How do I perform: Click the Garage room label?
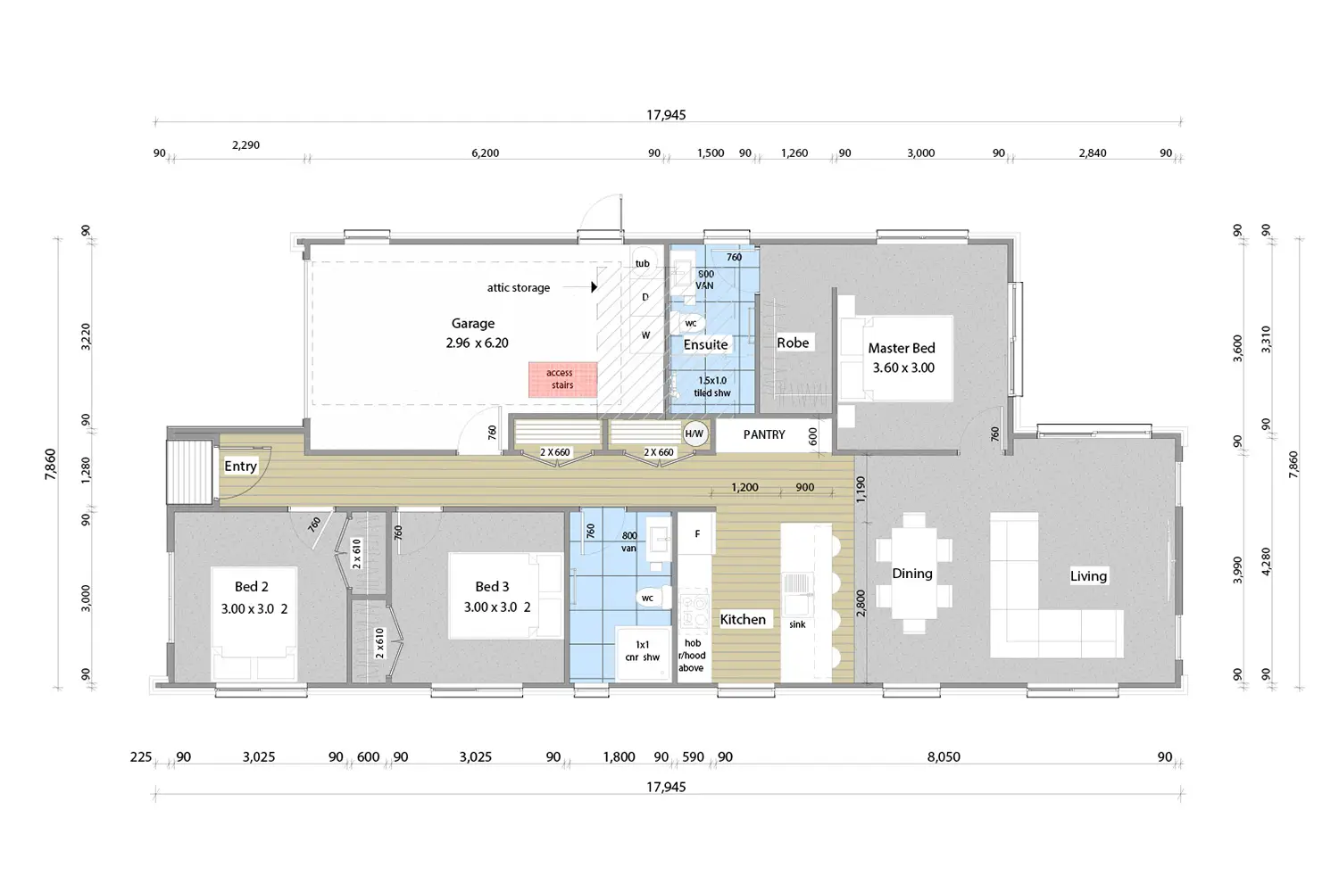pos(473,324)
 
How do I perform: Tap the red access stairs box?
pos(562,379)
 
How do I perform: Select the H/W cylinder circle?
pos(694,434)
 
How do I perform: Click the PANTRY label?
pos(764,434)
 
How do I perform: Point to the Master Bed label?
pos(902,349)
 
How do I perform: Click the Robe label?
pos(793,343)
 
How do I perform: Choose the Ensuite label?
pos(705,344)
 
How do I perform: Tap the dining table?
pos(913,574)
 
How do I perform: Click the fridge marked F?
pos(697,534)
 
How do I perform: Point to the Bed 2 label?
pos(252,587)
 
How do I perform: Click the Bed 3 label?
pos(492,587)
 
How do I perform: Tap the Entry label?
pos(240,466)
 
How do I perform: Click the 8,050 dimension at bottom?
pos(944,756)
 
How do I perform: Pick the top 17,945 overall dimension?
pos(666,115)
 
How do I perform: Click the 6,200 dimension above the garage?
pos(485,153)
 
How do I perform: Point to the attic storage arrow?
pos(594,287)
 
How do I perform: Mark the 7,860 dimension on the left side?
pos(51,464)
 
